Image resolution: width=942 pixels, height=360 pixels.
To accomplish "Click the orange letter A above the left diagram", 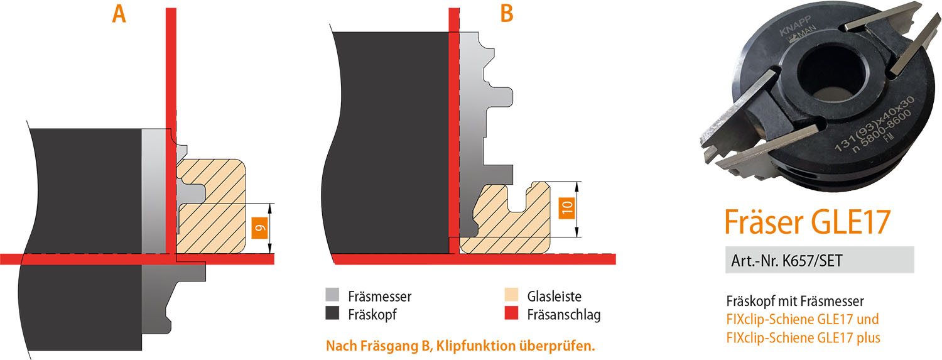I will tap(119, 14).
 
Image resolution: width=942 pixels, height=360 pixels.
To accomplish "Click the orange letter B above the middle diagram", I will tap(507, 14).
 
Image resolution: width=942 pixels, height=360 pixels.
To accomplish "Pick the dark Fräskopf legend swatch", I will tap(333, 314).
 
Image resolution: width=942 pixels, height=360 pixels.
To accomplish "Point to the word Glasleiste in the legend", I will tap(555, 296).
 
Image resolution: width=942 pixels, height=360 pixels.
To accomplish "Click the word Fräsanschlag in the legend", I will tap(564, 314).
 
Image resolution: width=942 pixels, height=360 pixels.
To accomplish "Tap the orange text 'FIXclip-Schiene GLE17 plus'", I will tap(803, 337).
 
